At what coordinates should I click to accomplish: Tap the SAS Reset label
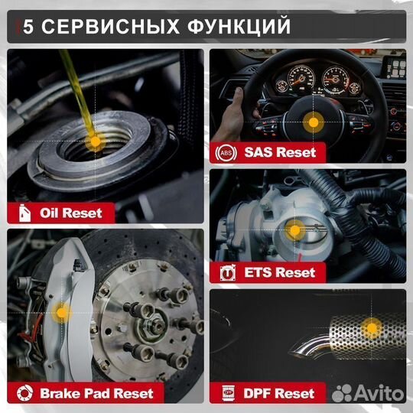click(279, 151)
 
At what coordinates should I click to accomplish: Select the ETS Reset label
click(279, 272)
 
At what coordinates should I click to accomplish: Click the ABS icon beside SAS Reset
click(227, 151)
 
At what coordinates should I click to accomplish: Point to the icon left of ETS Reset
click(227, 272)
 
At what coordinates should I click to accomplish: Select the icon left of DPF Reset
click(227, 394)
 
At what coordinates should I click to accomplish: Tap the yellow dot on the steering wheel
click(312, 121)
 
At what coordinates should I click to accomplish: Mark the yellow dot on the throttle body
click(294, 229)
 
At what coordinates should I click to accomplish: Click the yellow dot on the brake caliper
click(63, 311)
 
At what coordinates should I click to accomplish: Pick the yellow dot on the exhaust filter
click(372, 328)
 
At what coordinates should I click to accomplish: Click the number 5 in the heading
click(28, 27)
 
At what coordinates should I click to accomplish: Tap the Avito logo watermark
click(372, 394)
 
